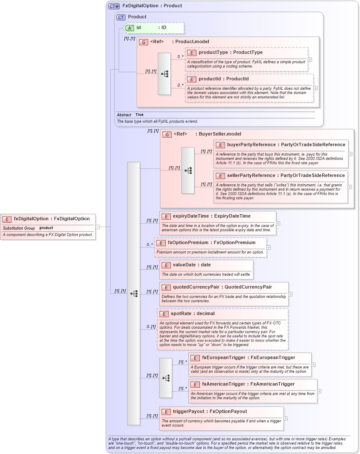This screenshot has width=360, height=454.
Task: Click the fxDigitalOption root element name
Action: tap(31, 219)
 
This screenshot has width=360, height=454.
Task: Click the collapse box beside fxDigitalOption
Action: tap(97, 227)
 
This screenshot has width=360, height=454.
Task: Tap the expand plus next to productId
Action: tap(316, 88)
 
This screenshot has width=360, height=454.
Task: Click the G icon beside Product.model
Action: tap(143, 42)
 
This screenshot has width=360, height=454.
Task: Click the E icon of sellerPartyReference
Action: tap(220, 176)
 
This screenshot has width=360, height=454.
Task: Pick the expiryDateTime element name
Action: tap(193, 216)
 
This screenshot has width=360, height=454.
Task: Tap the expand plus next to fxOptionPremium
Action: tap(269, 247)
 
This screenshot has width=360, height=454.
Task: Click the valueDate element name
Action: tap(185, 265)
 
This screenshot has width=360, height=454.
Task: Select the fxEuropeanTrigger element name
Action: tap(224, 358)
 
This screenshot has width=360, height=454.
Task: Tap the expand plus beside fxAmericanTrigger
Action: tap(319, 391)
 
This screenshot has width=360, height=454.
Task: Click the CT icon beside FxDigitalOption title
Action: tap(114, 6)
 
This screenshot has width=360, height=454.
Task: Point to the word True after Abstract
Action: tap(139, 115)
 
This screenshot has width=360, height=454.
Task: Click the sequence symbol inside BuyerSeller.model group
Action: tap(188, 170)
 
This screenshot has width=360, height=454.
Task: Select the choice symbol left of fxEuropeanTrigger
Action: tap(166, 378)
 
